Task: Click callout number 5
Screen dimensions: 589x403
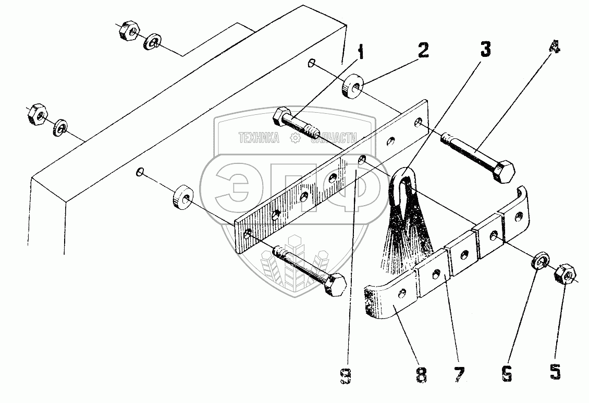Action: click(555, 372)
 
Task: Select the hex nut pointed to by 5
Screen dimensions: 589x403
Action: click(565, 273)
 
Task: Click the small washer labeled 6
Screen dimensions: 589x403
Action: click(540, 260)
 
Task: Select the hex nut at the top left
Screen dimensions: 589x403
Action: click(127, 32)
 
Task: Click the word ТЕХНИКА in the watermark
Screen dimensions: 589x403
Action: click(259, 138)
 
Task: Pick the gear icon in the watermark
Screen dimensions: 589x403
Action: click(295, 138)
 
